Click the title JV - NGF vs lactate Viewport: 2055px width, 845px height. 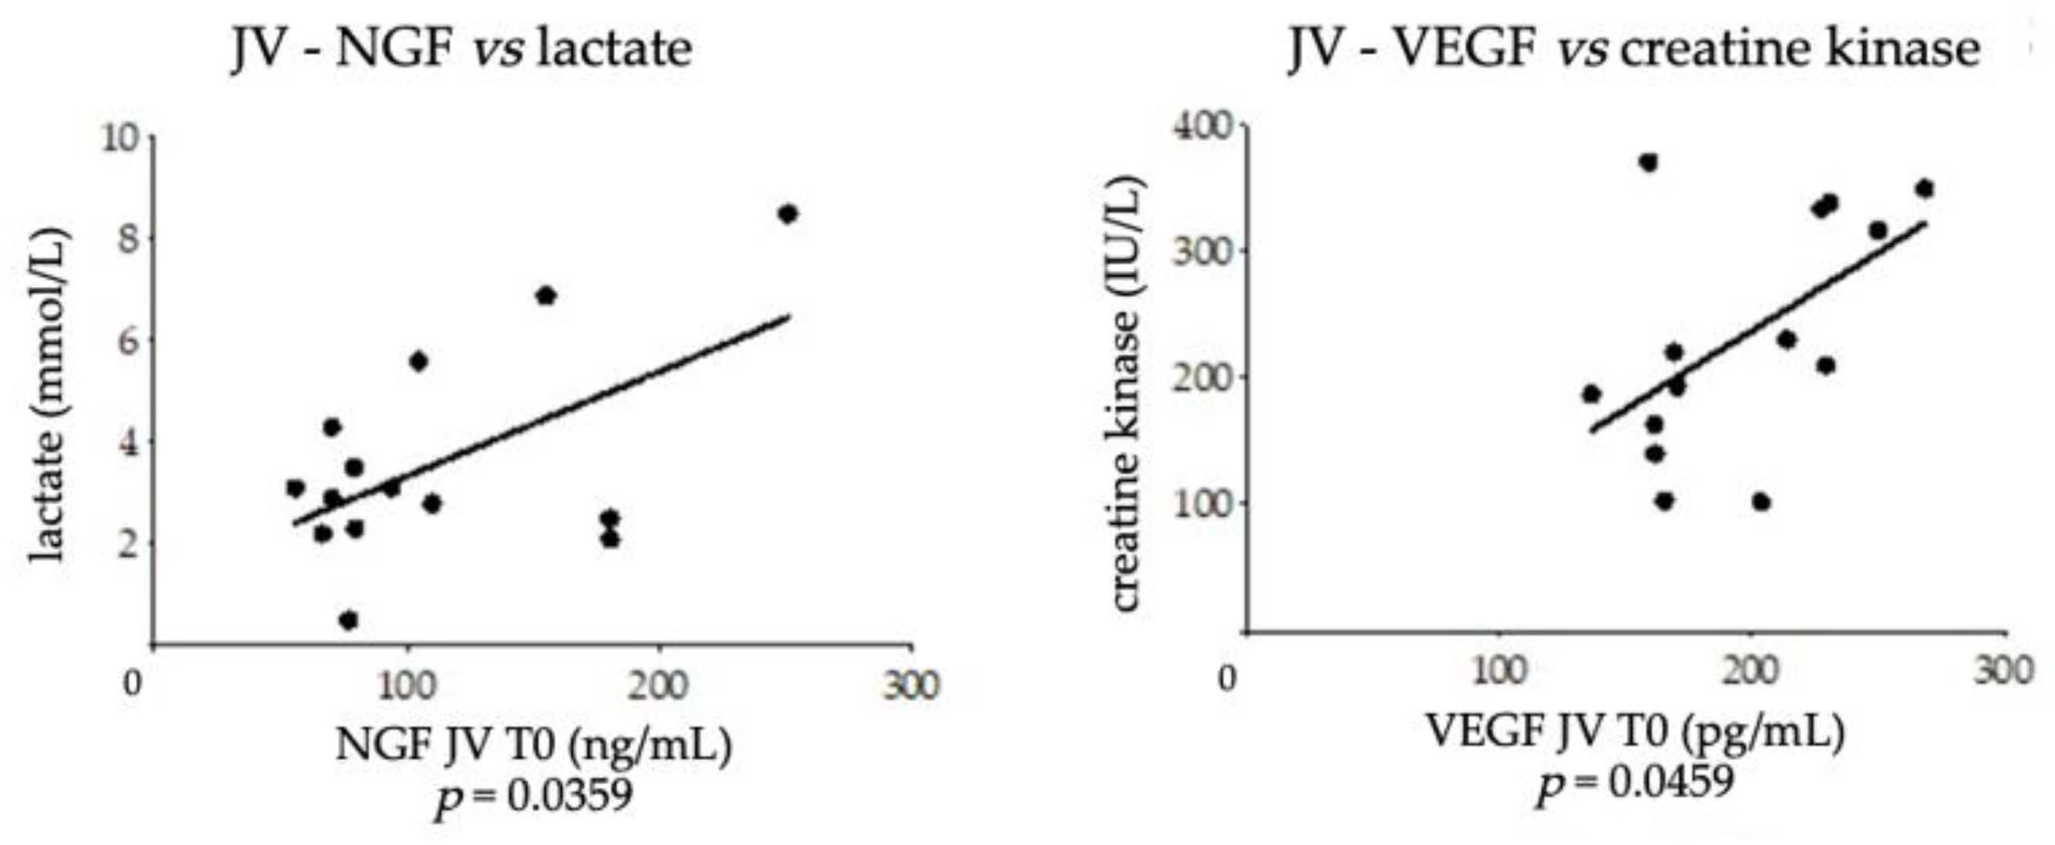(461, 49)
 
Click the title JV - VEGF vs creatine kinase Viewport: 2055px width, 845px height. (1634, 49)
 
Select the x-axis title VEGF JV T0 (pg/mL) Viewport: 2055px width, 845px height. (1635, 732)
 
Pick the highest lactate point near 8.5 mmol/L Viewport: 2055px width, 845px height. (788, 214)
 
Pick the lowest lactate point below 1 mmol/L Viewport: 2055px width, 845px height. (348, 620)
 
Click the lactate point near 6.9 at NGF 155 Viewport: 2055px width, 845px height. (546, 296)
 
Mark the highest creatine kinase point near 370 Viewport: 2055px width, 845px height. (1648, 163)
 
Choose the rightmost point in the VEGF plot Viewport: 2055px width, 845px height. (1924, 189)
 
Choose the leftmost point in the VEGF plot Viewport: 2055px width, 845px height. (1591, 394)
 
